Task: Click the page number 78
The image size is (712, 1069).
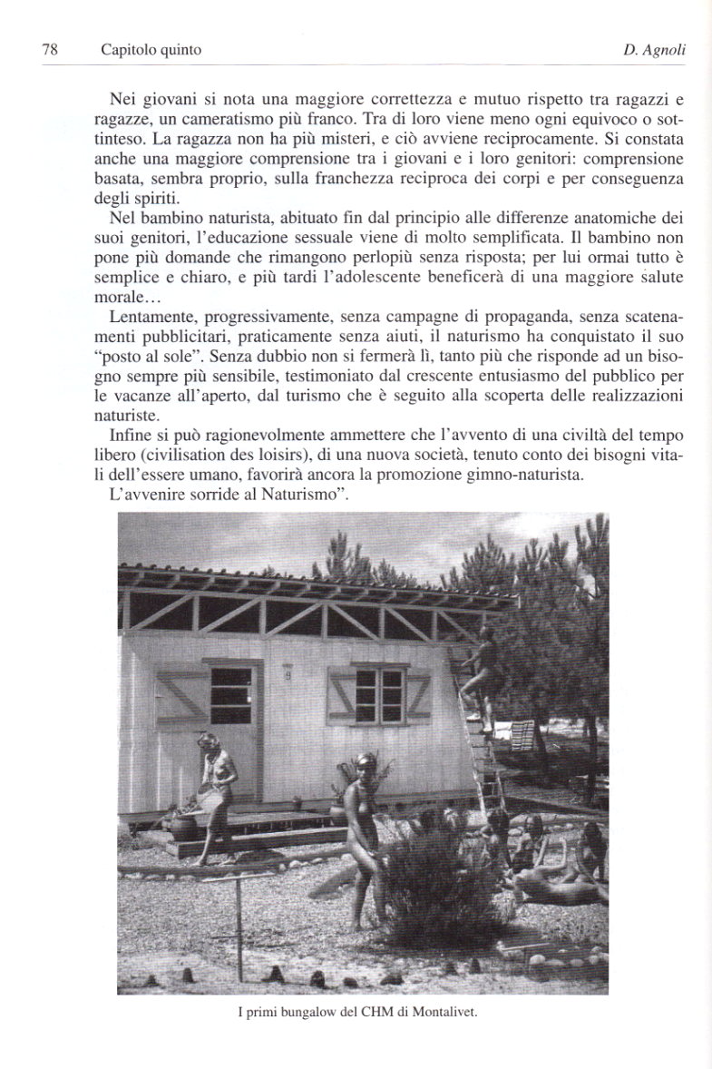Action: click(50, 51)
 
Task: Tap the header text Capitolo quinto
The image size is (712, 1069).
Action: click(151, 51)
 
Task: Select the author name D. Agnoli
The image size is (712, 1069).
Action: click(653, 51)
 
